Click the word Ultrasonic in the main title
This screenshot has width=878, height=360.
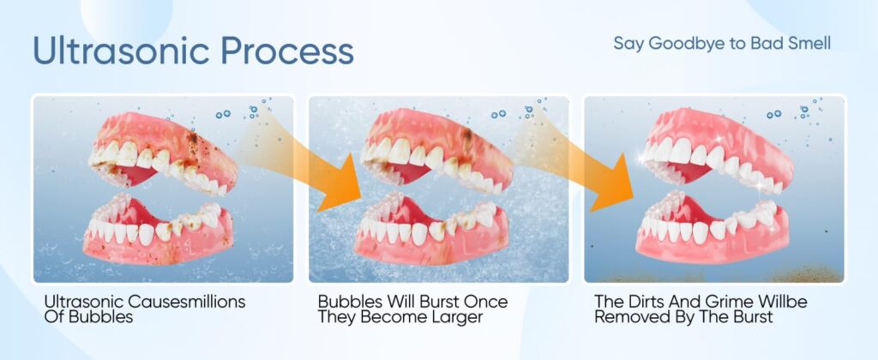pos(122,51)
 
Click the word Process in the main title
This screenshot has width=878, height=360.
pos(287,51)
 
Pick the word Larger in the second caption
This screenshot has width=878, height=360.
pos(455,317)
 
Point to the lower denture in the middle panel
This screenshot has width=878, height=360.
pos(432,229)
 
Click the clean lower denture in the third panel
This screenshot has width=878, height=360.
pos(713,229)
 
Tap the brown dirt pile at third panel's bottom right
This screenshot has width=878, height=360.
pos(806,274)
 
